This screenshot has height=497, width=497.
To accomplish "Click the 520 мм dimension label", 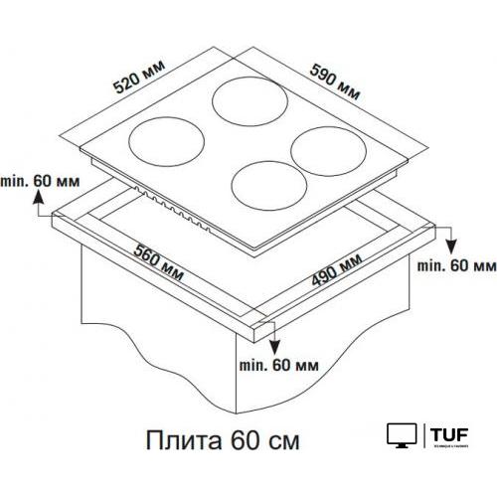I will pos(137,76).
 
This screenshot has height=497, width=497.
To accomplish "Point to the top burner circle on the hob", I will pos(246,102).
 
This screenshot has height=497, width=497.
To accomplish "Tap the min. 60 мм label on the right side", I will pos(456,267).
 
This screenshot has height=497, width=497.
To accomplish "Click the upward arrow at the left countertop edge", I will pos(39,203).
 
